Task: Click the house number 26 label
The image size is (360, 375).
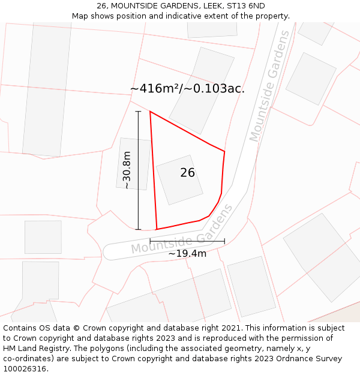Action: tap(187, 173)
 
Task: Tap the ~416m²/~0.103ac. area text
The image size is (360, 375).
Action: tap(187, 89)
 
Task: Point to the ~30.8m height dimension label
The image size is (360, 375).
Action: tap(127, 170)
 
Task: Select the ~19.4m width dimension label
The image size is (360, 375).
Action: tap(187, 253)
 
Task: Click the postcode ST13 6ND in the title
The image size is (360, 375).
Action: tap(246, 5)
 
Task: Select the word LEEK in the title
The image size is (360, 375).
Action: tap(211, 5)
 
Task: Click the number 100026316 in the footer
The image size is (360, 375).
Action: tap(24, 369)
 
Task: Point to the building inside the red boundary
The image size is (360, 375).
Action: tap(179, 179)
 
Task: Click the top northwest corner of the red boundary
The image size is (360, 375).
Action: tap(150, 112)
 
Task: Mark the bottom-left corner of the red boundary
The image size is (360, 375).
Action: tap(157, 229)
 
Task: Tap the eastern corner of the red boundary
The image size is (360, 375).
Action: tap(224, 152)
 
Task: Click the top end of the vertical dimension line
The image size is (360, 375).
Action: tap(138, 112)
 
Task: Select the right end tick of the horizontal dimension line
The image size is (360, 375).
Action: tap(224, 241)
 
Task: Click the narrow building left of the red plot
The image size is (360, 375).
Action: tap(133, 164)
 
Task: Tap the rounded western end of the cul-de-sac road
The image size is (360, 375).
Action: tap(108, 252)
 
